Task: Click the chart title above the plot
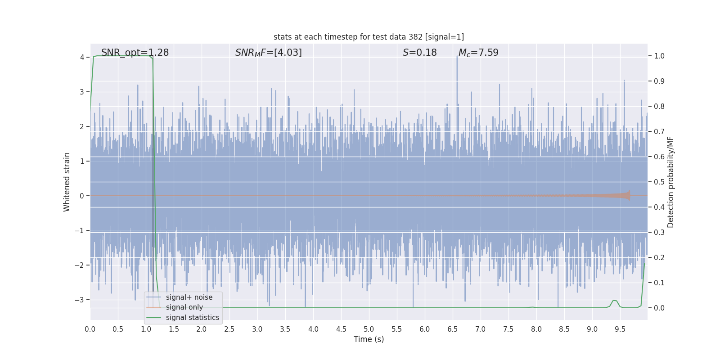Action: pos(369,37)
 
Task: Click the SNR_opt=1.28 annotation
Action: pos(135,53)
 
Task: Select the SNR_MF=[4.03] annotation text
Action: pos(268,53)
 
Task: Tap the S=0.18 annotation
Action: pos(419,53)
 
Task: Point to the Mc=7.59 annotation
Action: pos(478,53)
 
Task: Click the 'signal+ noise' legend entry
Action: pos(189,297)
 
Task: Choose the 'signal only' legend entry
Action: pos(184,307)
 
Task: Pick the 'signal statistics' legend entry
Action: pos(192,318)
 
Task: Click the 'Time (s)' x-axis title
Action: pos(369,339)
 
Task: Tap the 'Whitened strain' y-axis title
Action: pos(67,182)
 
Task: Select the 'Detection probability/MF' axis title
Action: pos(670,182)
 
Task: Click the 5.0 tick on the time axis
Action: pos(369,329)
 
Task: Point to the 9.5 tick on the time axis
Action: pos(620,329)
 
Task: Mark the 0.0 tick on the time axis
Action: pos(90,329)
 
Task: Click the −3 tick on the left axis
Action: pos(79,300)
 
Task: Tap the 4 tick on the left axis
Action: pos(82,57)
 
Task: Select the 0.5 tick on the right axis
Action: pos(659,182)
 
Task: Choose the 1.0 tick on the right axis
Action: pos(659,56)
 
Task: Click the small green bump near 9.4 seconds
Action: pos(614,301)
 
